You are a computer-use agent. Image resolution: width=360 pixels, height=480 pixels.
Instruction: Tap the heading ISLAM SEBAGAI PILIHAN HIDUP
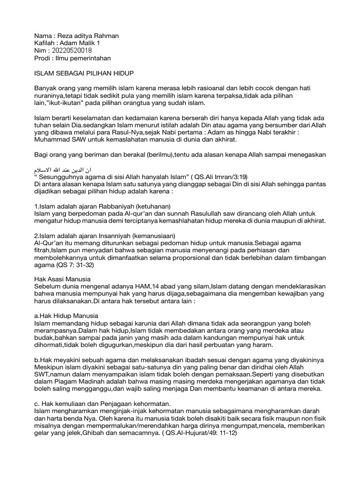(84, 73)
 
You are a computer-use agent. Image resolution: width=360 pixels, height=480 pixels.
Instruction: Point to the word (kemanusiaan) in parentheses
(155, 236)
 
